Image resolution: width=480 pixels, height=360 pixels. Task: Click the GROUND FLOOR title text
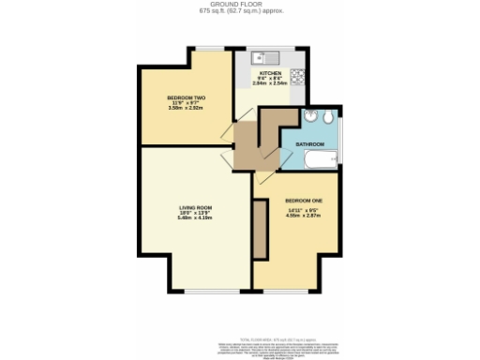(240, 5)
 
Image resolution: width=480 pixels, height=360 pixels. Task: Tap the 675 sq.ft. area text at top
(240, 11)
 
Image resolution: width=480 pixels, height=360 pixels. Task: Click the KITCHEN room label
(270, 71)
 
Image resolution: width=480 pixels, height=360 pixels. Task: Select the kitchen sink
(254, 55)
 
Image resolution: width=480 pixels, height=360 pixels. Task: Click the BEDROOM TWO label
(186, 97)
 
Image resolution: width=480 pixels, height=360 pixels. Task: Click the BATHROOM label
(310, 144)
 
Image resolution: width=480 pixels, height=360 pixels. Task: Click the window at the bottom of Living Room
(211, 289)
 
